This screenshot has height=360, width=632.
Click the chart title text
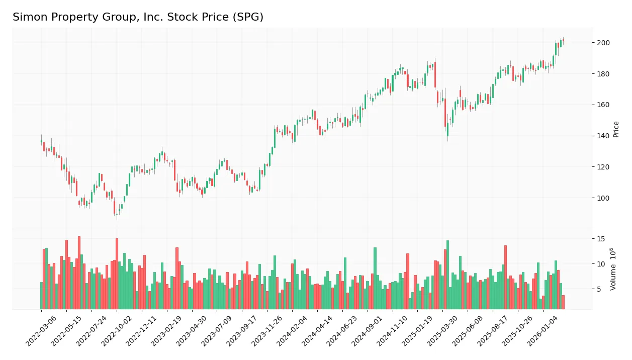pyautogui.click(x=138, y=17)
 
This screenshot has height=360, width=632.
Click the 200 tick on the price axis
pyautogui.click(x=603, y=43)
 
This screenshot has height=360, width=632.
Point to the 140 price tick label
pyautogui.click(x=603, y=136)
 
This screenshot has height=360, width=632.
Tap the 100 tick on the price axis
pyautogui.click(x=603, y=198)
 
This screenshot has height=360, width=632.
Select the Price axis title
pyautogui.click(x=616, y=129)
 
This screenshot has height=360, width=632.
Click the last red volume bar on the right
pyautogui.click(x=563, y=302)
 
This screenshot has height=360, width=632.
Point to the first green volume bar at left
pyautogui.click(x=42, y=296)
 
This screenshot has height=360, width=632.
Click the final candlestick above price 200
pyautogui.click(x=563, y=40)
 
